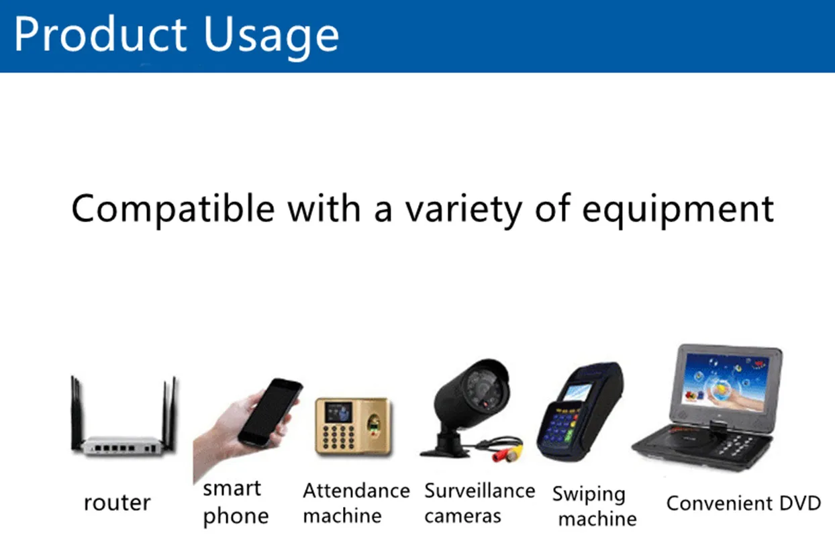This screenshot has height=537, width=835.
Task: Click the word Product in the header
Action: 100,34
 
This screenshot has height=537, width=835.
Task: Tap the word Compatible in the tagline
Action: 173,209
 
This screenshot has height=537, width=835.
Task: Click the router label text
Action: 117,503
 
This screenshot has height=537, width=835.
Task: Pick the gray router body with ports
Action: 122,446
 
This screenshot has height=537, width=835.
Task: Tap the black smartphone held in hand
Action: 271,411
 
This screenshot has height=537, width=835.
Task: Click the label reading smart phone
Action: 236,503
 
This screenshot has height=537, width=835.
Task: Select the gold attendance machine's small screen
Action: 338,412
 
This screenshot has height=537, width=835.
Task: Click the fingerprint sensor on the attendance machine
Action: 373,424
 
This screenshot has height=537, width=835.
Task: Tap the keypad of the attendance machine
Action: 338,437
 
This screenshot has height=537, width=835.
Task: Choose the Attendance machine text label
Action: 356,503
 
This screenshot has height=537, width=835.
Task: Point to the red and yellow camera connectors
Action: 508,454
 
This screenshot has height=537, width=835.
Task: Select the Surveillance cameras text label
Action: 480,503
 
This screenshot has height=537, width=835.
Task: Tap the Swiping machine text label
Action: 594,506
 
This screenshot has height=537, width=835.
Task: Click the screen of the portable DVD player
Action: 726,383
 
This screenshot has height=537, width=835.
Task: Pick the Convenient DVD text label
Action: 744,503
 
